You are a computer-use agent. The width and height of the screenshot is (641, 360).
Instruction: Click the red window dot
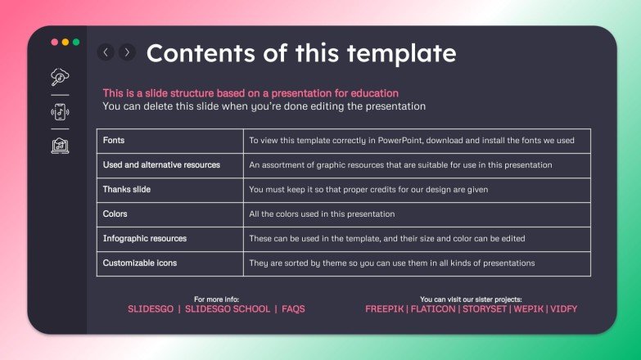click(x=55, y=42)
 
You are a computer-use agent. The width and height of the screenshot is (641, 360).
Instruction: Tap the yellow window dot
click(x=65, y=42)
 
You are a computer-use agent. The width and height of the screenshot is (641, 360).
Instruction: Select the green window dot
click(x=76, y=42)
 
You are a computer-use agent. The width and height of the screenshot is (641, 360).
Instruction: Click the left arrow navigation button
click(x=106, y=52)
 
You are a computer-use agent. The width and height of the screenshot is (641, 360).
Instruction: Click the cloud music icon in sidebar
click(x=60, y=77)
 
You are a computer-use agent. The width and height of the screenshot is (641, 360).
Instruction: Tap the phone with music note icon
click(x=60, y=111)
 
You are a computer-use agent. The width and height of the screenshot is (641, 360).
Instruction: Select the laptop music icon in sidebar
click(x=60, y=146)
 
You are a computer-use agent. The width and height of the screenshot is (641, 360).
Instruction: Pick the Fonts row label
click(x=115, y=141)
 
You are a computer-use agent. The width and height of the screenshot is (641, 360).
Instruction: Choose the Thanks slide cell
click(x=127, y=190)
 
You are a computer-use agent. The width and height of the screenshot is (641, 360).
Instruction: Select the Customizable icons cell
click(x=139, y=263)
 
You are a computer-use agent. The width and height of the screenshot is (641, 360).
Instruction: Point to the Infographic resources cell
click(x=145, y=239)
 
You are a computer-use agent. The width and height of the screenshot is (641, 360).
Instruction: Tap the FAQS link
click(x=293, y=309)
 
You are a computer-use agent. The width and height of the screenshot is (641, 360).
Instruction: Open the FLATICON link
click(x=433, y=309)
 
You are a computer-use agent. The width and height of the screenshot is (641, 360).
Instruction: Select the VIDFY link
click(x=563, y=309)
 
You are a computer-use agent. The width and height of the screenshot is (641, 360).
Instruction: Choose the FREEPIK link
click(x=386, y=309)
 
